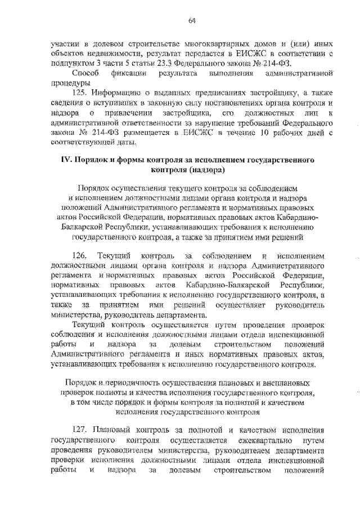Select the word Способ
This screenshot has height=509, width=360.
[88, 74]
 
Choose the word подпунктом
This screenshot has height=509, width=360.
[73, 64]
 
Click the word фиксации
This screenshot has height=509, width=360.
[129, 74]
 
